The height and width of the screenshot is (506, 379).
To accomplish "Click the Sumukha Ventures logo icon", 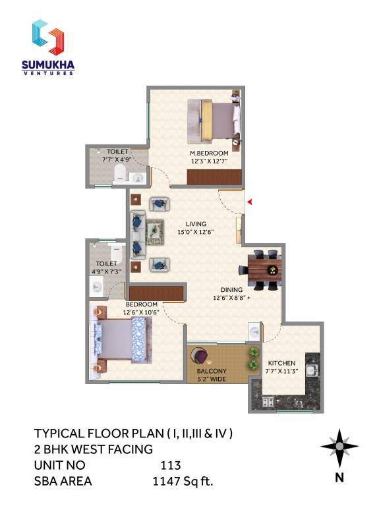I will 49,37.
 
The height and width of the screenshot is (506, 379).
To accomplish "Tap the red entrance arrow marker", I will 249,202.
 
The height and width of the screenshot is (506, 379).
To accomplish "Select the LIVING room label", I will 196,223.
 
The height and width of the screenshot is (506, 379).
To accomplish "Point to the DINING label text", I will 231,289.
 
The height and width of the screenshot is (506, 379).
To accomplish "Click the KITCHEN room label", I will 281,363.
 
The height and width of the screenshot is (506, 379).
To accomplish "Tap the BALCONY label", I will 212,370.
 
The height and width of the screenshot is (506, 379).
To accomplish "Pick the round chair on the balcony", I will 200,356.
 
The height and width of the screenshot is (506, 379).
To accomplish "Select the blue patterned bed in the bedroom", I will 122,339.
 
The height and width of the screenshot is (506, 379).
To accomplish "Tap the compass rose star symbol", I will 339,447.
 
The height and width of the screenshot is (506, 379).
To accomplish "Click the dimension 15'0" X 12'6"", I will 196,232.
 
